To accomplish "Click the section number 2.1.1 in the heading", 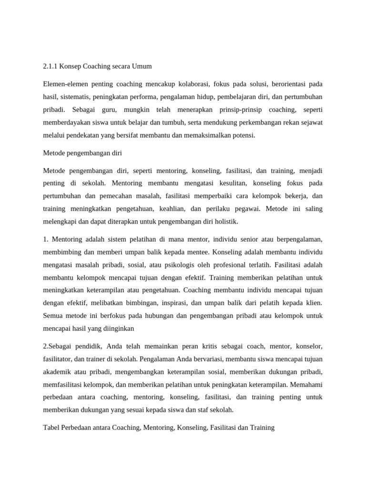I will click(50, 66).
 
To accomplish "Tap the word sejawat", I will click(311, 122).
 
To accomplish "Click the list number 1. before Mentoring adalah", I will click(46, 239).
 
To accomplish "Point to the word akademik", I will click(57, 371).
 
